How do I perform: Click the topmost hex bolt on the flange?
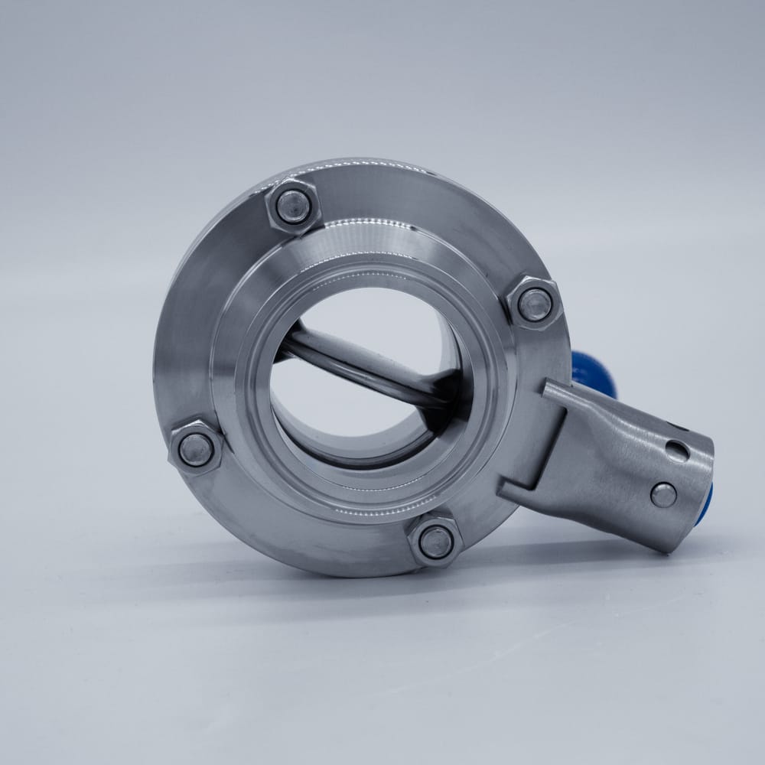pyautogui.click(x=292, y=206)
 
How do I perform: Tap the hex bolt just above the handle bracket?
pyautogui.click(x=535, y=304)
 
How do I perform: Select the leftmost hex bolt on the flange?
pyautogui.click(x=196, y=449)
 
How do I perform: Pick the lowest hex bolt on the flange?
pyautogui.click(x=436, y=541)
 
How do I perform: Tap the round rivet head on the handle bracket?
pyautogui.click(x=662, y=495)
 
